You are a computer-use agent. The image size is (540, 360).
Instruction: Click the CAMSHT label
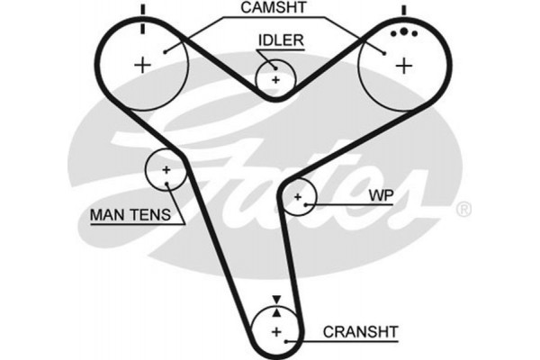[x=274, y=10]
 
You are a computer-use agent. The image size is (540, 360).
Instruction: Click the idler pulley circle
[x=275, y=79]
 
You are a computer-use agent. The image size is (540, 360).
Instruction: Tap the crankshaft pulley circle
[x=277, y=334]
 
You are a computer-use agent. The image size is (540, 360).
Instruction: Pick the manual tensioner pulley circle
[x=166, y=169]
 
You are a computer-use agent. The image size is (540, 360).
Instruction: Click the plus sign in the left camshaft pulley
[x=142, y=64]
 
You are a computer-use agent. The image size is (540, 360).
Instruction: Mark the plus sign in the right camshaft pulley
[x=404, y=64]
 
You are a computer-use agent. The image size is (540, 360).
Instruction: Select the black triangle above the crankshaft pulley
[x=277, y=298]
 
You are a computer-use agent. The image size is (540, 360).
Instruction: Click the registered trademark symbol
[x=463, y=211]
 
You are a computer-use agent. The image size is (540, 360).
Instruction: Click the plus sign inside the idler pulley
[x=275, y=79]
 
